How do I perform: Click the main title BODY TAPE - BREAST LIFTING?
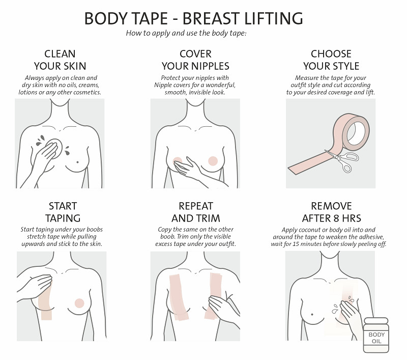194,18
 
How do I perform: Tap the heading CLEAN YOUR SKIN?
60,60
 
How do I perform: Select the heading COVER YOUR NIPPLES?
195,60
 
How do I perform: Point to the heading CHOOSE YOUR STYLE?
331,60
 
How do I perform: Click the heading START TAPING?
63,212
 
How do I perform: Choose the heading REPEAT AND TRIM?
196,212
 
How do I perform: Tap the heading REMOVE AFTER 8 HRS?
332,212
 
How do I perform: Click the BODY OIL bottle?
376,335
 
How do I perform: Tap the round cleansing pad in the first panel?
56,147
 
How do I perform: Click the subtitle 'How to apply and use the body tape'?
186,33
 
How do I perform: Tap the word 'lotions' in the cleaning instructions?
28,92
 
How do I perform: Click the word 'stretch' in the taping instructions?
36,237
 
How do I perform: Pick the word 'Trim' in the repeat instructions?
183,237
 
